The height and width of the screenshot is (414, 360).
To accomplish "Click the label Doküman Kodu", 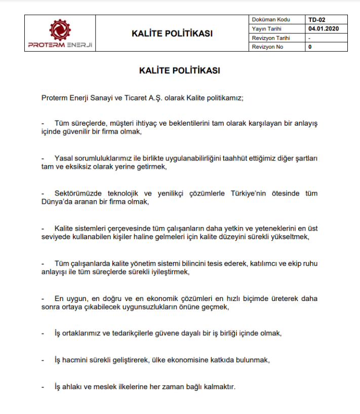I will tap(271, 20).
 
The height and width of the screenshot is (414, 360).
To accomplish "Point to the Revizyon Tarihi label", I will tap(271, 38).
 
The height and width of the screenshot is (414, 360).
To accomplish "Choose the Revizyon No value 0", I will tap(309, 47).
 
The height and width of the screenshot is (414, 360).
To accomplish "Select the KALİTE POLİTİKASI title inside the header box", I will tap(172, 34).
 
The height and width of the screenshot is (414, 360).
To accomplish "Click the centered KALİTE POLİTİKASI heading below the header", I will tap(180, 71).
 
